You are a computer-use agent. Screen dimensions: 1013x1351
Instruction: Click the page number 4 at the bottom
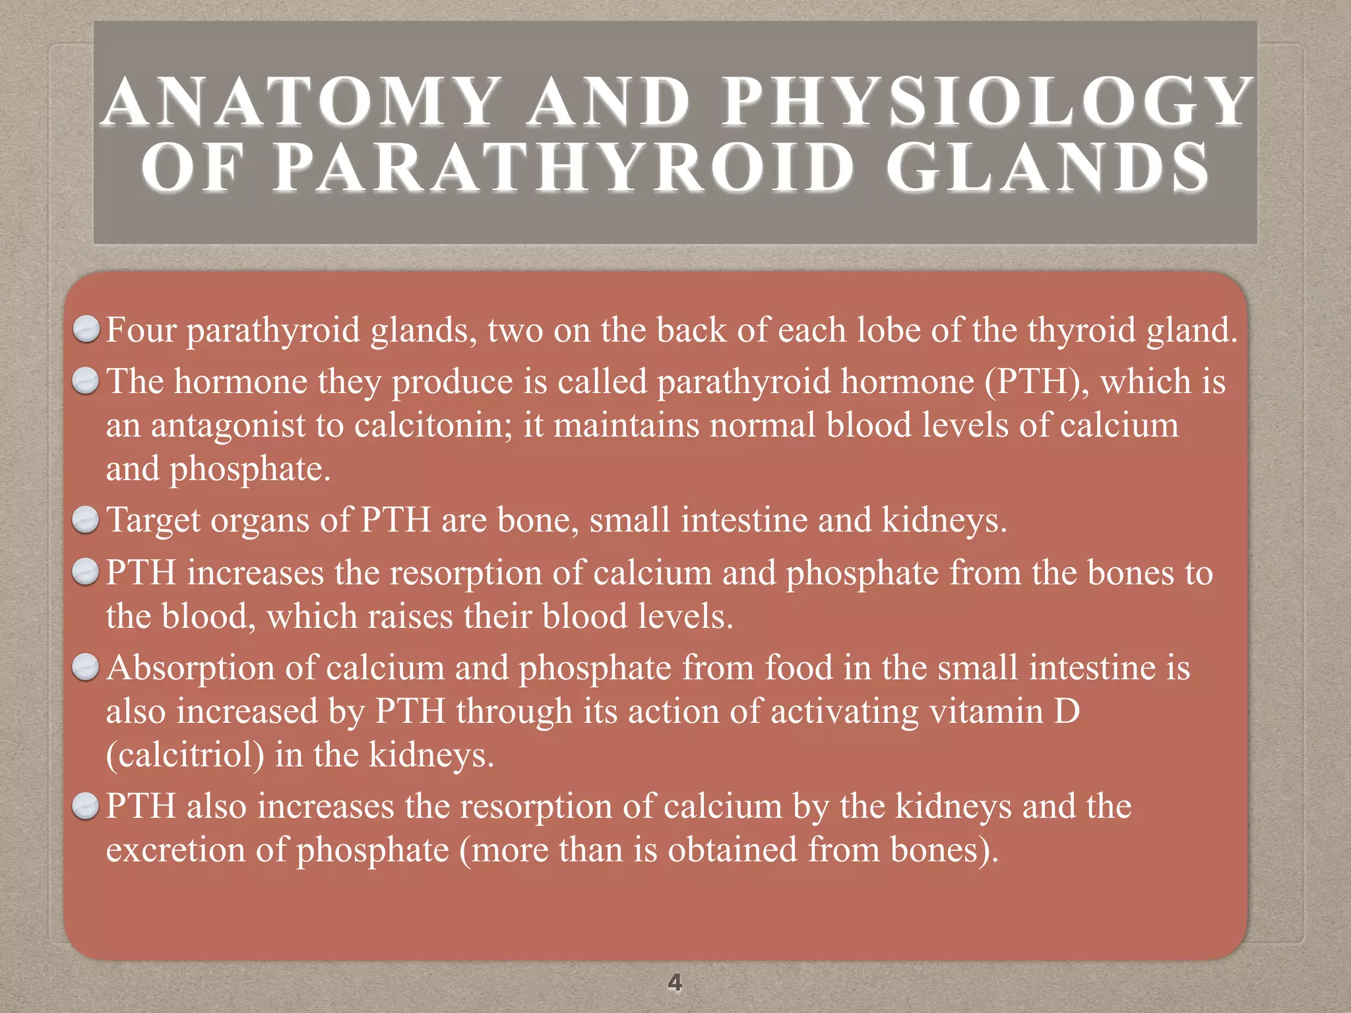675,983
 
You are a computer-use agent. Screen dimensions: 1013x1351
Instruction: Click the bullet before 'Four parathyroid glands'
86,329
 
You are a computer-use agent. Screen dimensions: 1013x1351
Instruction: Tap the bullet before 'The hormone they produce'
86,381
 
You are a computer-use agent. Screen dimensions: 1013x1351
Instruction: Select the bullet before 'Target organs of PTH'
86,520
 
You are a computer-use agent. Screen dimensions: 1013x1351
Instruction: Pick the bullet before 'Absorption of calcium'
86,667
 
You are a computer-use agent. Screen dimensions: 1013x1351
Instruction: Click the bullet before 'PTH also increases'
86,806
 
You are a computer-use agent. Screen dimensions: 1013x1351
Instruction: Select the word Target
153,520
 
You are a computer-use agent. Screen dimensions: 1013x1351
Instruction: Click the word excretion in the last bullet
175,850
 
